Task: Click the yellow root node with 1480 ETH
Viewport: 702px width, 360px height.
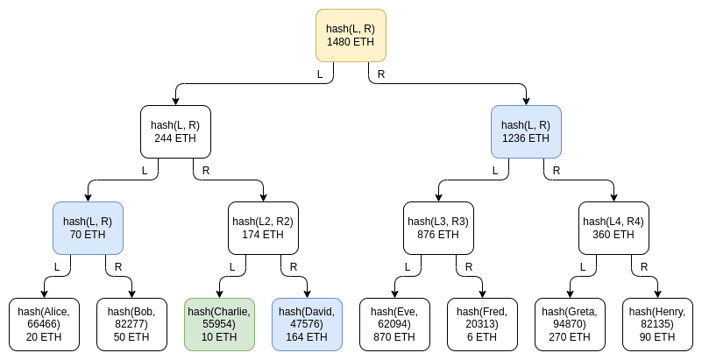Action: click(x=351, y=35)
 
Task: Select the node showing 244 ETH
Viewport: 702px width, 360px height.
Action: click(x=175, y=131)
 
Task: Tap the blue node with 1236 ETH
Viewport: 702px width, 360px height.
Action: click(x=526, y=131)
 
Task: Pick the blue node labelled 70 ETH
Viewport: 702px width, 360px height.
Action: click(x=88, y=228)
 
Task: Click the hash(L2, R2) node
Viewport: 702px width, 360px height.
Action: click(x=263, y=228)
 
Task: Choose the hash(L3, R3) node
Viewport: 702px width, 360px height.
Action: click(x=438, y=228)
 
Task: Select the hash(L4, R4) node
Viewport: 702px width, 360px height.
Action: click(x=613, y=228)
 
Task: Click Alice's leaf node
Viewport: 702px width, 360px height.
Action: click(x=44, y=324)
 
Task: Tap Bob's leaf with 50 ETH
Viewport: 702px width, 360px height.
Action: click(x=131, y=324)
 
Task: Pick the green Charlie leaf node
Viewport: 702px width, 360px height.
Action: click(x=219, y=324)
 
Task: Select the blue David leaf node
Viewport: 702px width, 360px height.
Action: click(x=307, y=324)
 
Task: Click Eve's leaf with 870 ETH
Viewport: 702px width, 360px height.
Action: click(x=394, y=324)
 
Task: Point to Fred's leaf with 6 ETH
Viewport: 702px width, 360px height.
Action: click(x=482, y=324)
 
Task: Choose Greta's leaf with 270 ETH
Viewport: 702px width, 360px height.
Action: click(x=570, y=324)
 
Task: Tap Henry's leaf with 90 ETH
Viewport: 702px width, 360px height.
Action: click(x=657, y=324)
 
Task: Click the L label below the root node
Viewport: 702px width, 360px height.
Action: click(x=320, y=74)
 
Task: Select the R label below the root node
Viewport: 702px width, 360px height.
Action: click(x=381, y=74)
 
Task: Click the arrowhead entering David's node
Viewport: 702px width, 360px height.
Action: click(x=307, y=293)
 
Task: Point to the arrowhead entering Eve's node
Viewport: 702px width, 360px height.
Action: click(x=394, y=293)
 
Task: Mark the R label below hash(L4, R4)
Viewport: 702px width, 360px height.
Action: click(x=644, y=267)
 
